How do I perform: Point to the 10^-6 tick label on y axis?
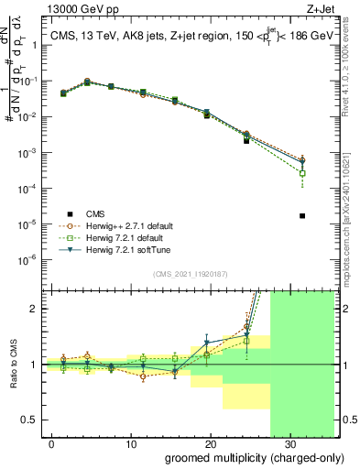pos(27,259)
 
